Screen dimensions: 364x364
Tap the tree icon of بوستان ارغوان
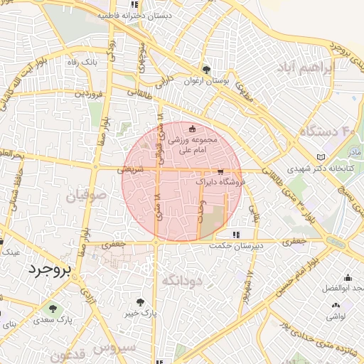coord(206,70)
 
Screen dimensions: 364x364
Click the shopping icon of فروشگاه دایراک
coord(220,171)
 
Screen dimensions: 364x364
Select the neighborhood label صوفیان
coord(87,195)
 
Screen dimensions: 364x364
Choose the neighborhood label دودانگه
coord(183,280)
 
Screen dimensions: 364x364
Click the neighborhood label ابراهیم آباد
coord(303,68)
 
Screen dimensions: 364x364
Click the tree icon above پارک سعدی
coord(51,309)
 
